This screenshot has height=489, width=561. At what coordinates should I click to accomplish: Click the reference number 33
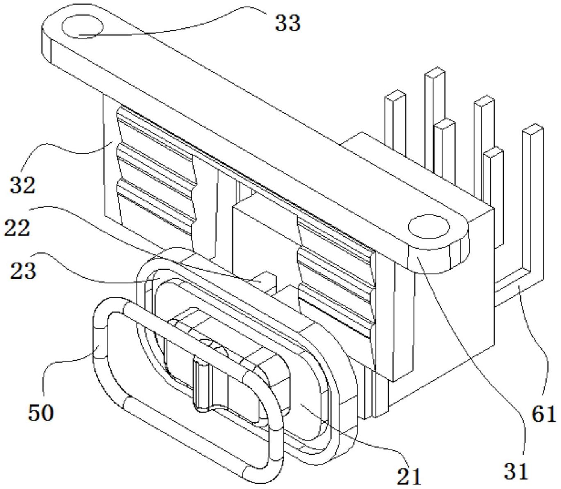[x=288, y=23]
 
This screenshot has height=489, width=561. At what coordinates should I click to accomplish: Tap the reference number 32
[x=23, y=185]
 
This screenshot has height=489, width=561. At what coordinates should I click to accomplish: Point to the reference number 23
[x=23, y=271]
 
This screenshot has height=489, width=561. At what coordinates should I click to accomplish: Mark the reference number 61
[x=544, y=414]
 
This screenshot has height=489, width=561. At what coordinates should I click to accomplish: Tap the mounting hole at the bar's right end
[x=429, y=227]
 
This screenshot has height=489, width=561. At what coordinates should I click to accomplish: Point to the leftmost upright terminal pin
[x=395, y=123]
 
